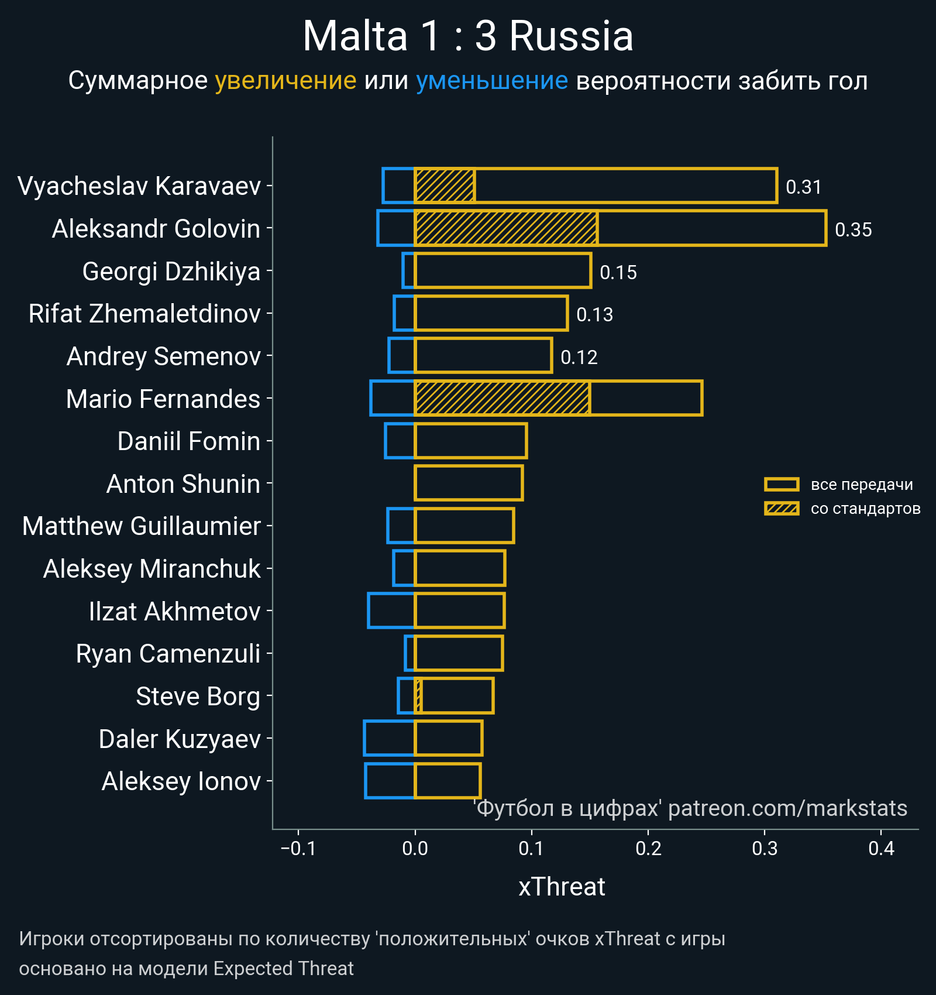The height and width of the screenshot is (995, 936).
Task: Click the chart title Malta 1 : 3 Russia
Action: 468,36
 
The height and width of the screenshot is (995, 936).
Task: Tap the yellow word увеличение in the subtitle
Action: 285,81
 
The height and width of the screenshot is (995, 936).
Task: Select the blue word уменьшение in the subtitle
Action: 491,81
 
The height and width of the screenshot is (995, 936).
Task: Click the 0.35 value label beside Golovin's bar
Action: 853,229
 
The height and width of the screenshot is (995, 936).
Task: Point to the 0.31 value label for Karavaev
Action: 803,187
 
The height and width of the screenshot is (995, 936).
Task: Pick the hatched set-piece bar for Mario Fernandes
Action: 502,399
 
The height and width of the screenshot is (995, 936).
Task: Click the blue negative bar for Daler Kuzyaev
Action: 389,739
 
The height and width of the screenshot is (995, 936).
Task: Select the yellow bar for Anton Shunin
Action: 469,483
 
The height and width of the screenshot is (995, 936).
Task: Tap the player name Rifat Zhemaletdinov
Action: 144,314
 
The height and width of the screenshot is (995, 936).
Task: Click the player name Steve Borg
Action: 198,696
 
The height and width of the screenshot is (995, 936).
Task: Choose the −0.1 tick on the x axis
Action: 298,848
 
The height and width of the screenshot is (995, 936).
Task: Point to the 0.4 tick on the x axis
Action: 881,848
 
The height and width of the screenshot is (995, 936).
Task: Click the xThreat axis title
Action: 562,887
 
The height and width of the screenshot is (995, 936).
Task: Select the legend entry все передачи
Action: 861,485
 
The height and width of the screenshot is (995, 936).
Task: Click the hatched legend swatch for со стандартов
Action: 782,509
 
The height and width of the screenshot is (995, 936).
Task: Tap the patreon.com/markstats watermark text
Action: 787,808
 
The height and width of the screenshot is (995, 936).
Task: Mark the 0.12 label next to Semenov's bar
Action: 579,357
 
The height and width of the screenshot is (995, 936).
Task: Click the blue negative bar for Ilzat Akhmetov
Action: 391,611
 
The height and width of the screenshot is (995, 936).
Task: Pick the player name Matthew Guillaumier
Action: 142,526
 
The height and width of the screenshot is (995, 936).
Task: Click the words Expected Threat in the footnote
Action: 283,969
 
